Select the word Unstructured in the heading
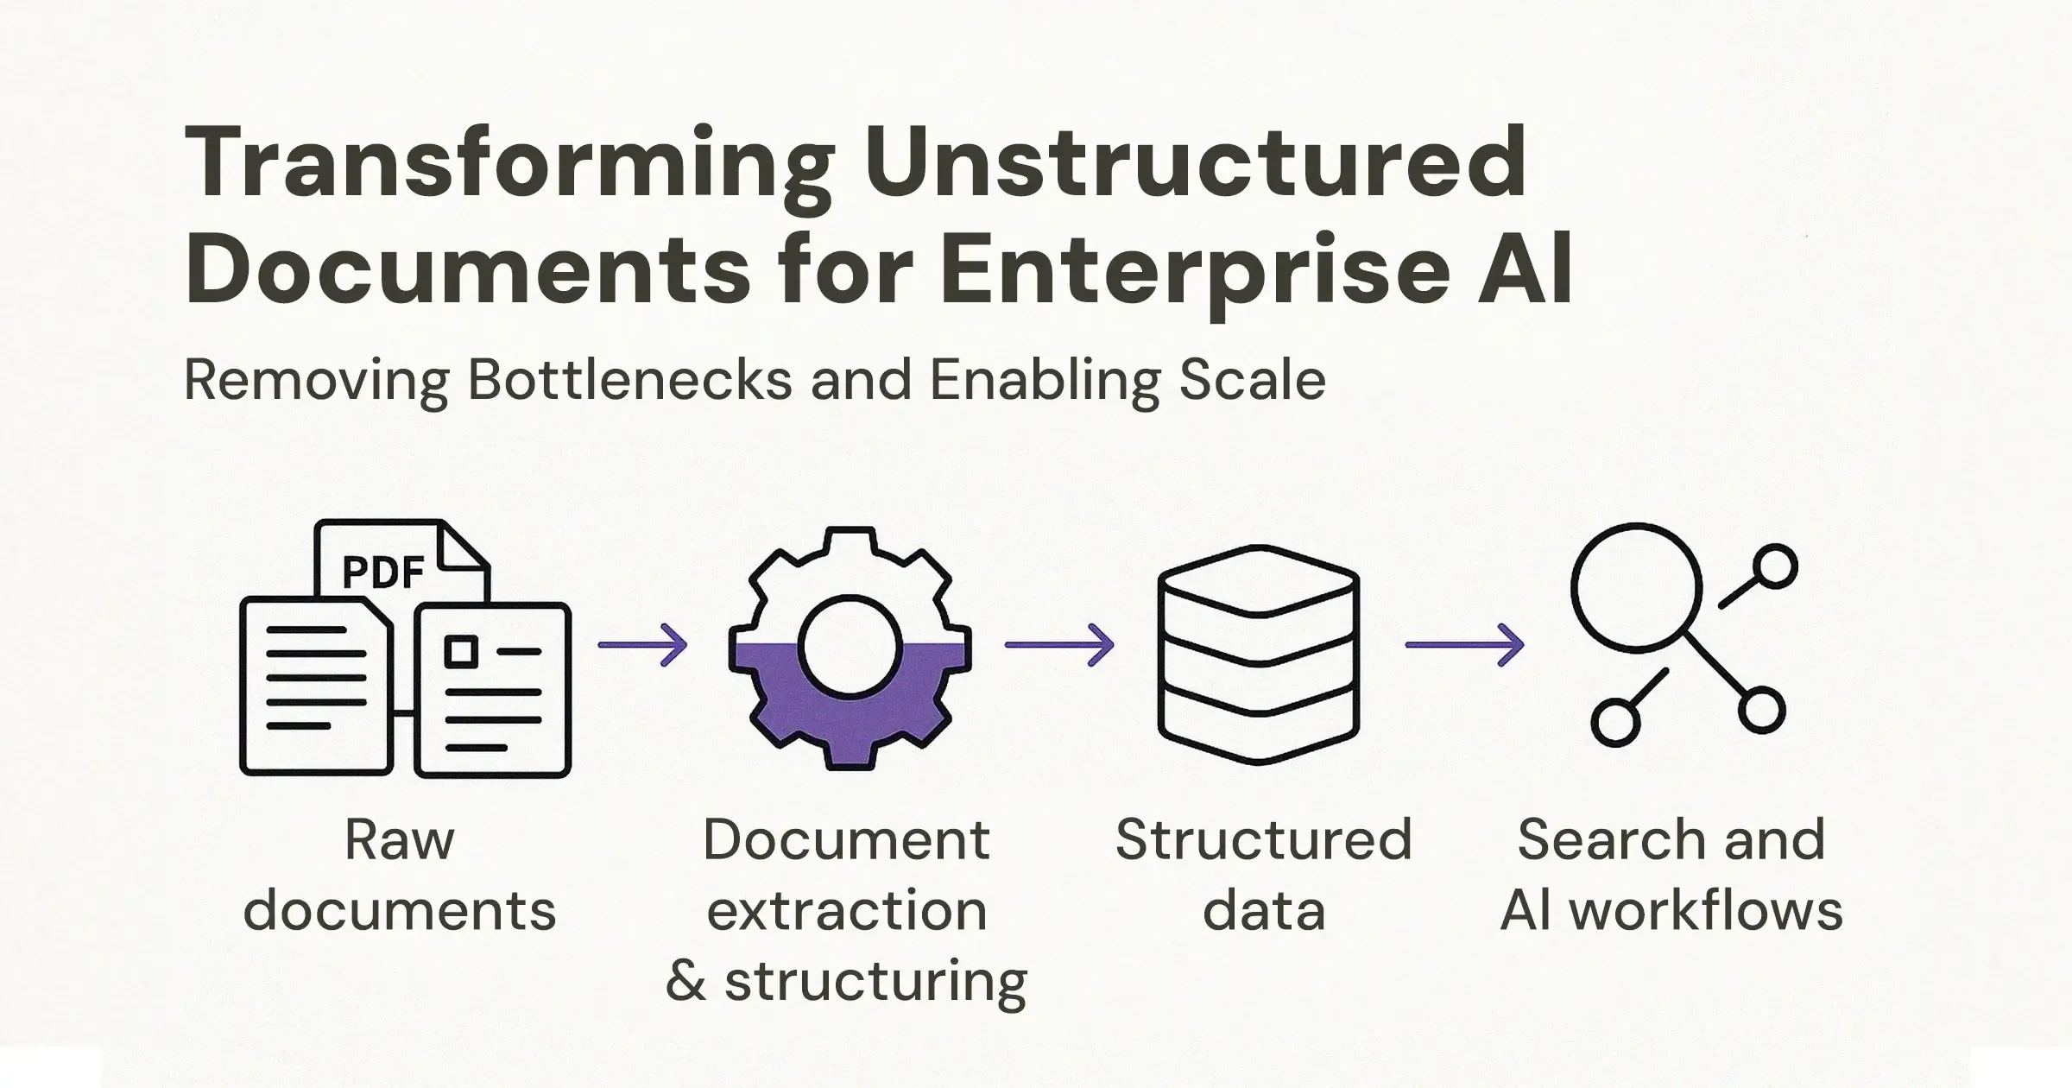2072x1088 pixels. [x=1196, y=164]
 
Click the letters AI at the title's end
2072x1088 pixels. [x=1526, y=270]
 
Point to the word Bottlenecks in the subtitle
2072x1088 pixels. [x=629, y=380]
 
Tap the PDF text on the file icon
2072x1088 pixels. [x=383, y=572]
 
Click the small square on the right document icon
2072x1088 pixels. [x=461, y=651]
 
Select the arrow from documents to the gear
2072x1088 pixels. [x=643, y=645]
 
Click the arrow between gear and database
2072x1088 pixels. [x=1059, y=645]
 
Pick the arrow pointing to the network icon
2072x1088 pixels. [x=1464, y=645]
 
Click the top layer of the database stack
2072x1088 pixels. [x=1259, y=579]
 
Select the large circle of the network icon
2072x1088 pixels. [x=1635, y=587]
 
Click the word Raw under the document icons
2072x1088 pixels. [x=399, y=839]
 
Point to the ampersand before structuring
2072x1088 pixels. [x=686, y=980]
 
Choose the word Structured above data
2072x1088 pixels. [x=1263, y=839]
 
